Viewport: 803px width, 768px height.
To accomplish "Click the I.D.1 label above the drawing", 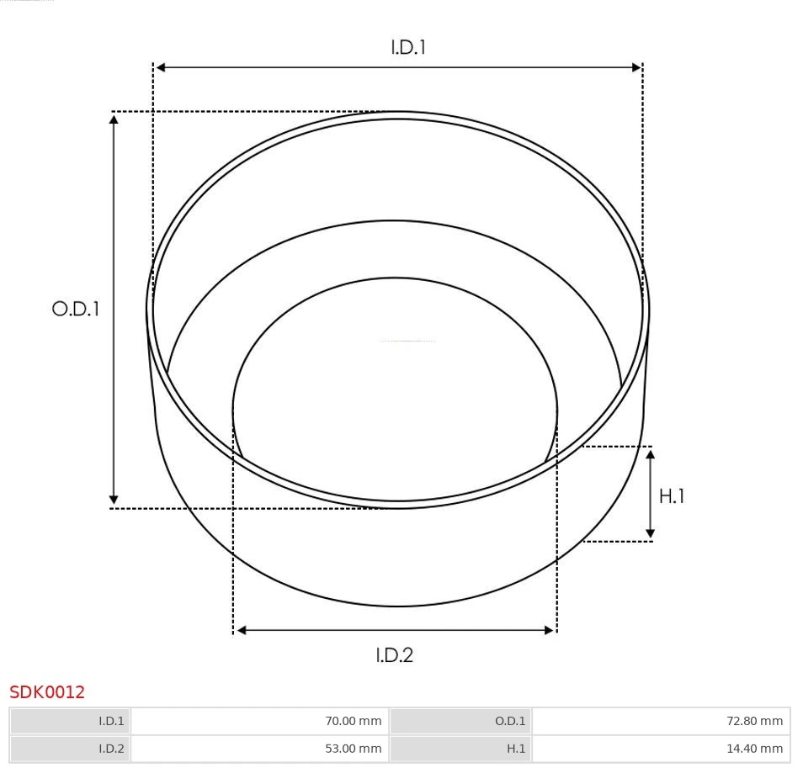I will (408, 47).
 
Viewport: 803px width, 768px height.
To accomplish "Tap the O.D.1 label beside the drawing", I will (76, 309).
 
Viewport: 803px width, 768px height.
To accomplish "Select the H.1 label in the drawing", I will (671, 496).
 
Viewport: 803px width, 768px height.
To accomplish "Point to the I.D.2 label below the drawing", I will (394, 654).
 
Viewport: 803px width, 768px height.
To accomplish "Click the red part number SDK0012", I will (47, 692).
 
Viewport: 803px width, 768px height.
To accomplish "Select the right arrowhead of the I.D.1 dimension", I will (636, 67).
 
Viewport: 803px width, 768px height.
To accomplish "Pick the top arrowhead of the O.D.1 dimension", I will (114, 119).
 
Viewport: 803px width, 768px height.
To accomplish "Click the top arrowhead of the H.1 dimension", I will (650, 454).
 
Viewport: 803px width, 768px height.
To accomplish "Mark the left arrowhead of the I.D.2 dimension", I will (241, 630).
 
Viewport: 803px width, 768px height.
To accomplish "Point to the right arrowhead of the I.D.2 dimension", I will (549, 630).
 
